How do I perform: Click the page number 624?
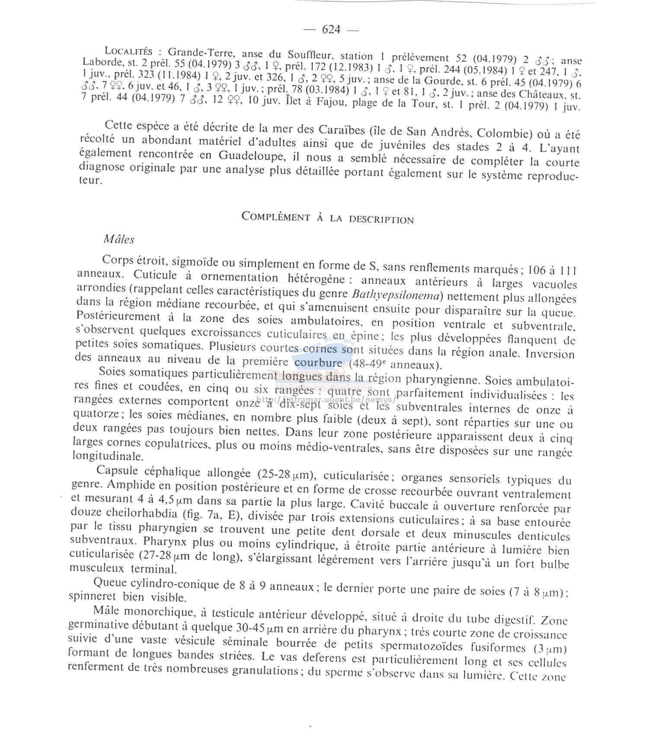click(x=331, y=29)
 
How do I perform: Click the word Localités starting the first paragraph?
click(x=128, y=51)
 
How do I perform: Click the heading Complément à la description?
click(x=327, y=218)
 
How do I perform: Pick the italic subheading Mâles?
click(x=119, y=239)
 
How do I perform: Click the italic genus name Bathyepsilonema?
click(x=396, y=295)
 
